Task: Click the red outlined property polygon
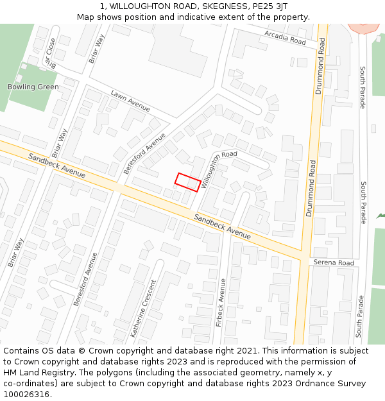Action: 187,182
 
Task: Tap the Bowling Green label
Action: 33,87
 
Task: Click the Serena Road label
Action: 334,263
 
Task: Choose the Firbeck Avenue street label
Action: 221,302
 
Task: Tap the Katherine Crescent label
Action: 143,308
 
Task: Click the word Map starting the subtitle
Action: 85,17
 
